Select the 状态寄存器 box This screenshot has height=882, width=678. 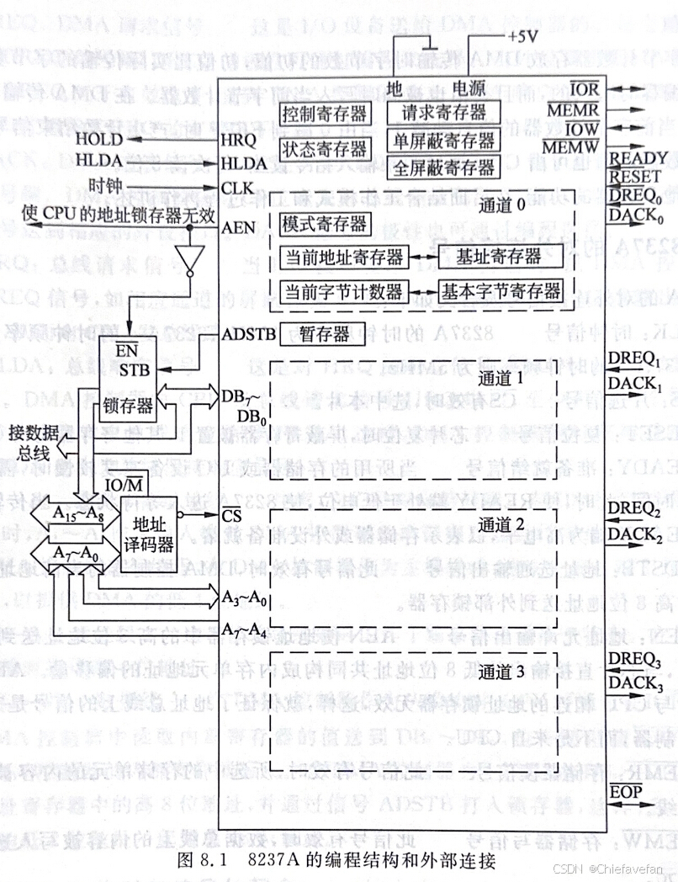(323, 149)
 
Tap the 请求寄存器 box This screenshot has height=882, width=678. (442, 111)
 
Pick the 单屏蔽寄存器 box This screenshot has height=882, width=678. (442, 139)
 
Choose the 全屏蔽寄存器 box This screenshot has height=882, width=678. (442, 166)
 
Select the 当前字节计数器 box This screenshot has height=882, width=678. (344, 292)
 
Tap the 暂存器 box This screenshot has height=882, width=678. (324, 333)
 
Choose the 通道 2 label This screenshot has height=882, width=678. (501, 524)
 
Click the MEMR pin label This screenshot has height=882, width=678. (571, 110)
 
